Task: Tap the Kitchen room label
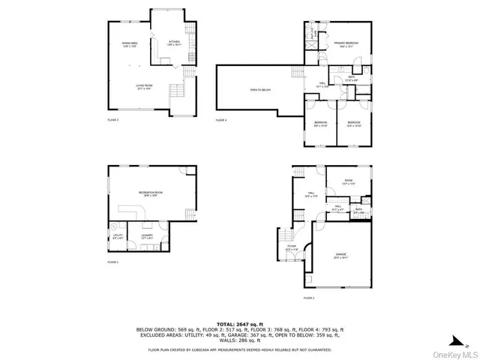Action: pyautogui.click(x=174, y=42)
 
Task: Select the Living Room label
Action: pyautogui.click(x=144, y=88)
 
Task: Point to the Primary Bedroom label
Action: pyautogui.click(x=346, y=44)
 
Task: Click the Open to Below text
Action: pyautogui.click(x=259, y=90)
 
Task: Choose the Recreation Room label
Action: pyautogui.click(x=151, y=193)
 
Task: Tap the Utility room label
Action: pyautogui.click(x=118, y=236)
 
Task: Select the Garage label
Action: pyautogui.click(x=341, y=256)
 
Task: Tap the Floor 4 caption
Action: pyautogui.click(x=221, y=120)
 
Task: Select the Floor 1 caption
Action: pyautogui.click(x=113, y=262)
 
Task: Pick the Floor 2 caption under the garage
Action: pyautogui.click(x=309, y=298)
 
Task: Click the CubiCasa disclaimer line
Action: pyautogui.click(x=239, y=349)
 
